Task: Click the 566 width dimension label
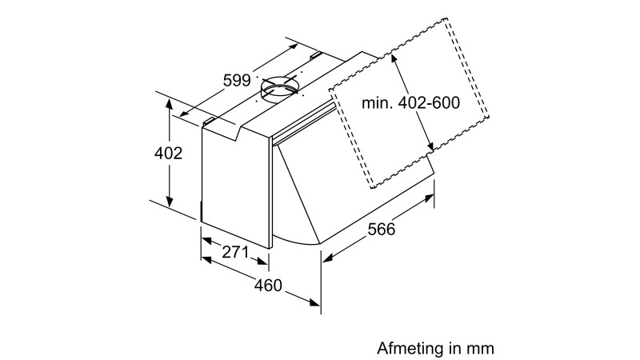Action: pos(386,229)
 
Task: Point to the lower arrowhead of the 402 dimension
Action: pos(170,203)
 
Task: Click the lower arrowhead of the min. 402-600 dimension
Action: pos(432,147)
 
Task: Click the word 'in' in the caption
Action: pos(456,349)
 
